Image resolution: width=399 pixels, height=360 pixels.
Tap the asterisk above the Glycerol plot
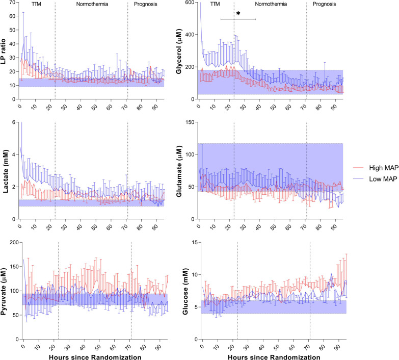[x=238, y=14]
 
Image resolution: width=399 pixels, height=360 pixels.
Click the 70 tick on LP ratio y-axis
[x=10, y=3]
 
